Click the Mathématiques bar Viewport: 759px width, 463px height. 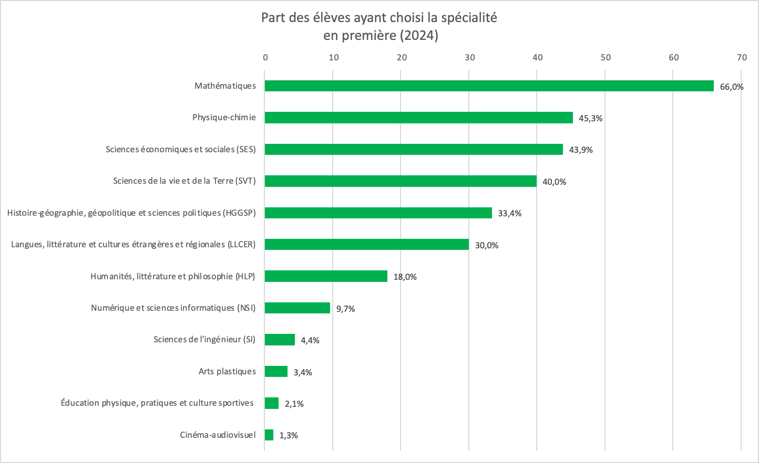point(489,86)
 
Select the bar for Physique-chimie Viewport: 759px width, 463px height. point(418,118)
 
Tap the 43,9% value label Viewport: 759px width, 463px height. point(581,150)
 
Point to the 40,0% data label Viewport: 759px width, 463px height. point(555,182)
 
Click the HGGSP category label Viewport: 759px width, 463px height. point(131,213)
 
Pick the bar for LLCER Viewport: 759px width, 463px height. point(366,245)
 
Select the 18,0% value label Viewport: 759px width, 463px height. point(405,277)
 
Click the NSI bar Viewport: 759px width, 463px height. point(297,308)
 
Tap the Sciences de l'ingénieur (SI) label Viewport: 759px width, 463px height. point(204,340)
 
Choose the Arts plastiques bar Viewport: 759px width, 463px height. point(276,372)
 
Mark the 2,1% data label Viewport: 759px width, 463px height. point(294,404)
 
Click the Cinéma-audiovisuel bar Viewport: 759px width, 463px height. point(269,435)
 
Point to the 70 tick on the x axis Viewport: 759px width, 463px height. point(742,58)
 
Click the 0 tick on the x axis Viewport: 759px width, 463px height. point(265,58)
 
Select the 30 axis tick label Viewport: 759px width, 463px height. point(470,58)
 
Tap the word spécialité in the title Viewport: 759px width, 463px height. point(469,18)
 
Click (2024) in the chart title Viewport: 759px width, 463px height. point(419,36)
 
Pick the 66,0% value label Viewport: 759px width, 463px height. point(732,87)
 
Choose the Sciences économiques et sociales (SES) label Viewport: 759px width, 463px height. point(181,150)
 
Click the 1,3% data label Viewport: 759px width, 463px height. point(289,436)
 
